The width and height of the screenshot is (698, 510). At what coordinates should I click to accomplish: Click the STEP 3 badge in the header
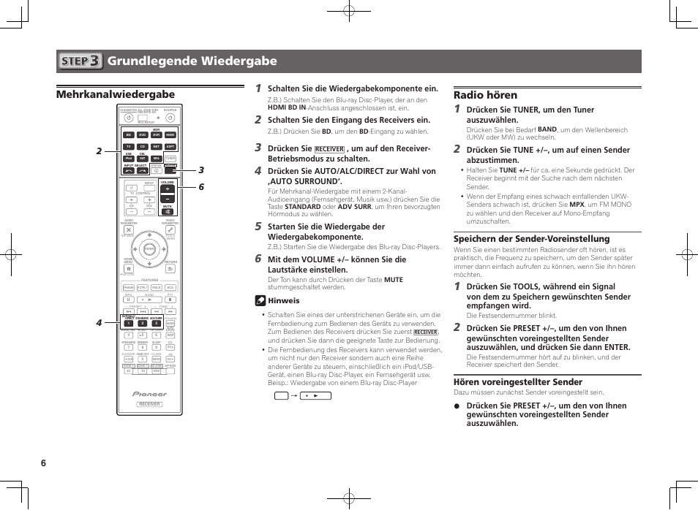pos(80,61)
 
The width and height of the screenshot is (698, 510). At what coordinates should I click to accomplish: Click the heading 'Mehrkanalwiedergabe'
pos(116,94)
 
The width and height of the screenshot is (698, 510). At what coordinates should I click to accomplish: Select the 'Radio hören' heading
pos(485,95)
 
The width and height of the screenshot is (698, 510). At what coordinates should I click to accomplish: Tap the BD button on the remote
pos(128,135)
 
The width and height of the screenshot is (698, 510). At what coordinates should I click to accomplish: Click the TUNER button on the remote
pos(170,158)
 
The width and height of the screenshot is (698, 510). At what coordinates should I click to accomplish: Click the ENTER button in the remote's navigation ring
pos(149,249)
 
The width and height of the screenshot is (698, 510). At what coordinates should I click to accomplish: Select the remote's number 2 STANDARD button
pos(142,323)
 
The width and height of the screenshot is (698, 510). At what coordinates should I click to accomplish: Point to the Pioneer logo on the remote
pos(149,394)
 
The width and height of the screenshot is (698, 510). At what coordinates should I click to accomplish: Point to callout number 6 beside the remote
pos(200,187)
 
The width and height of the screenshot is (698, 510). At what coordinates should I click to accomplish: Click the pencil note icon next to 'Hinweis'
pos(260,300)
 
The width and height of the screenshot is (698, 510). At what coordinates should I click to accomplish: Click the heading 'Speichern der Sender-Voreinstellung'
pos(521,239)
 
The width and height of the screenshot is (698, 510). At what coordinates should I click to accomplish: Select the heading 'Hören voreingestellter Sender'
pos(518,381)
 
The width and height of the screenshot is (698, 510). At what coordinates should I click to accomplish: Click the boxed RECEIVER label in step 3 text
pos(329,148)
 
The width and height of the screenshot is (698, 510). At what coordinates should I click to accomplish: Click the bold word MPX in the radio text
pos(577,205)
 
